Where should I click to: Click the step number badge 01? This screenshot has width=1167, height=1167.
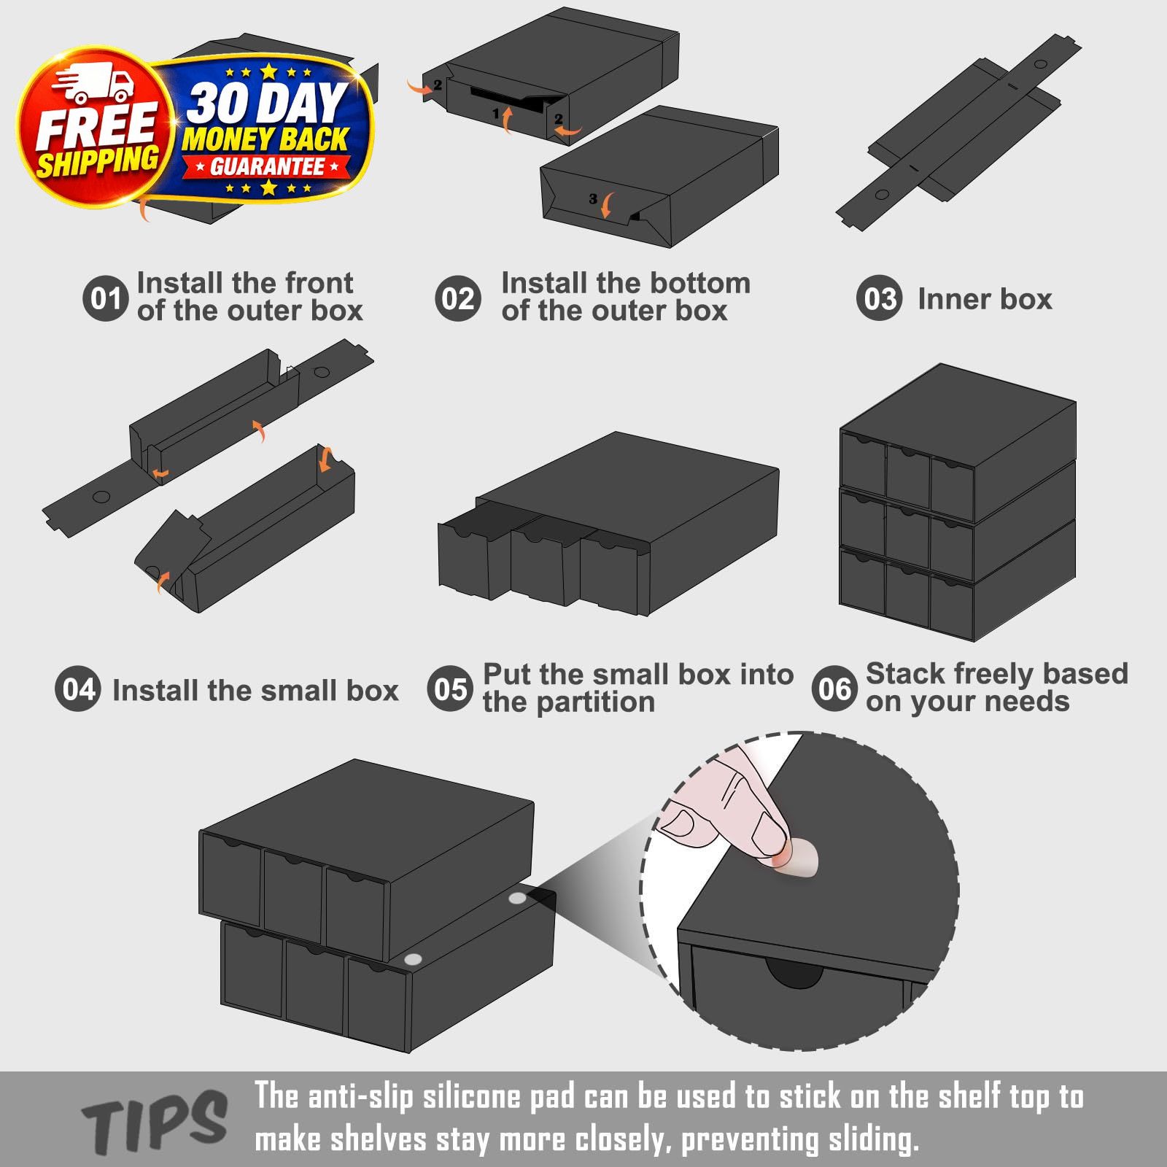(106, 298)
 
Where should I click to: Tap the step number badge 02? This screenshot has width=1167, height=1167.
(458, 298)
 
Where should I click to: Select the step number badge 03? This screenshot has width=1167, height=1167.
(880, 298)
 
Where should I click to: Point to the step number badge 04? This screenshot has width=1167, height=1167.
(78, 689)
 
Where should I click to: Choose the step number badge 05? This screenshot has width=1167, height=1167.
(450, 689)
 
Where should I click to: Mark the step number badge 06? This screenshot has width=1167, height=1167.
(834, 689)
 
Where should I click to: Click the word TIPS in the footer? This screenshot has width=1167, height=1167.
(155, 1123)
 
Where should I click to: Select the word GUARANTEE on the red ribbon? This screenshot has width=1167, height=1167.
(267, 167)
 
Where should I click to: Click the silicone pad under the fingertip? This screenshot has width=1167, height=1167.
(796, 858)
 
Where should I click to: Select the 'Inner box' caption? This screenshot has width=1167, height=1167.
(985, 299)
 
